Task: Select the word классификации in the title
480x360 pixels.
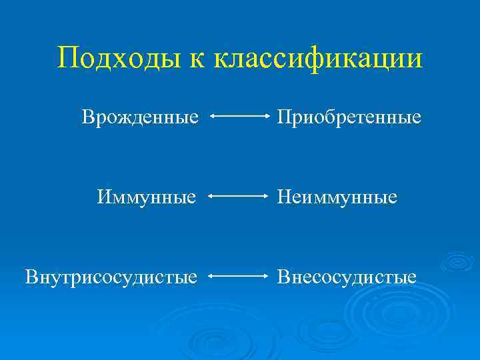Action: point(319,59)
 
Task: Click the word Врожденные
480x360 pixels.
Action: point(140,117)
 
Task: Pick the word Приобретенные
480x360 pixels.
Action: point(349,118)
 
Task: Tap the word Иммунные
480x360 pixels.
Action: point(146,197)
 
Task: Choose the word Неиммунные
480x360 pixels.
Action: point(337,197)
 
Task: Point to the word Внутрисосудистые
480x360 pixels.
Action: point(111,276)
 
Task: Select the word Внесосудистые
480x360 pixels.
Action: point(347,276)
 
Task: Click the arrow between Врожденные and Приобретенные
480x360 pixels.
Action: point(239,117)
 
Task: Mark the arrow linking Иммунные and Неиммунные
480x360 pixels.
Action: point(239,197)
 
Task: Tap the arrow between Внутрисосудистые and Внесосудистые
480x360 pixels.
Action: point(239,275)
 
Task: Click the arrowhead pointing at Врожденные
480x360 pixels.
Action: point(212,117)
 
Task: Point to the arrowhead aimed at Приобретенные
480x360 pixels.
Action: point(265,117)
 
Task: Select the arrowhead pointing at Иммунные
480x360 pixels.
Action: point(212,197)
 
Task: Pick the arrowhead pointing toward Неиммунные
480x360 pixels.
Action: point(265,197)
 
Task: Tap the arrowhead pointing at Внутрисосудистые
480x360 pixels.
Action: point(212,275)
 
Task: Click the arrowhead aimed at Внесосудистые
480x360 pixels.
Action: point(265,275)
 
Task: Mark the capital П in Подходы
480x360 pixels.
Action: point(67,58)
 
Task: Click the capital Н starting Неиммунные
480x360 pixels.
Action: point(284,197)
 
